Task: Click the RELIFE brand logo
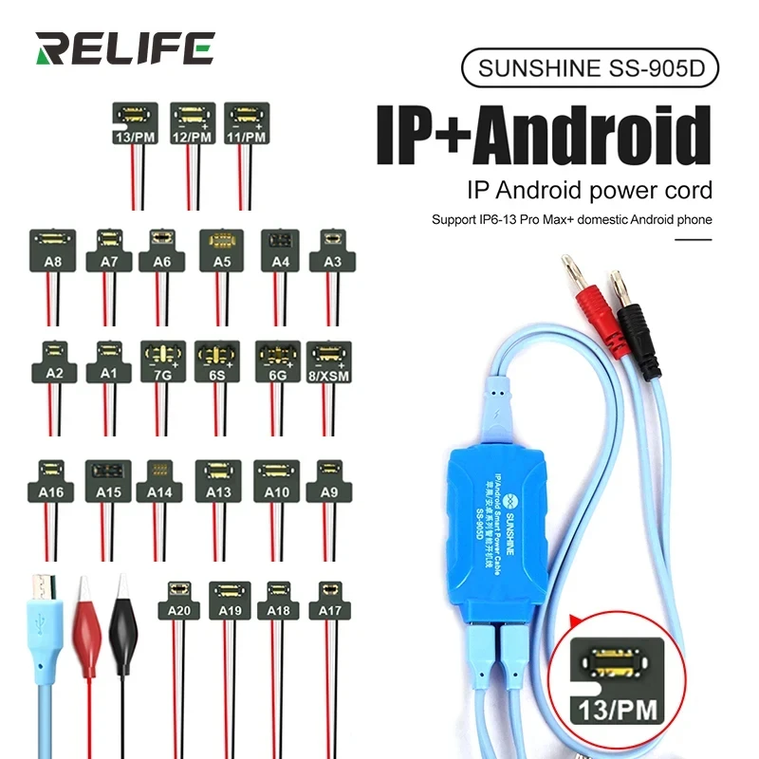tap(124, 48)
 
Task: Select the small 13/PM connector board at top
tap(135, 122)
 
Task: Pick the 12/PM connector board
tap(193, 122)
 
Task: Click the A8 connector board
tap(54, 250)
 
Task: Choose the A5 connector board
tap(221, 250)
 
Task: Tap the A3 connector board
tap(332, 250)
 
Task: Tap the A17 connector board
tap(330, 600)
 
